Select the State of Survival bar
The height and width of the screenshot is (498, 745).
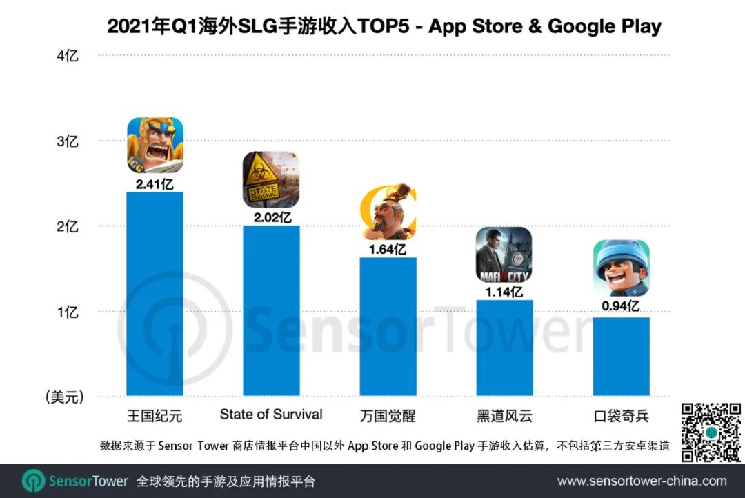[x=271, y=311]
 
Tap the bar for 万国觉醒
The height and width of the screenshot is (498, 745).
[x=388, y=327]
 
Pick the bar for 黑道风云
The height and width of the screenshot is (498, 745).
[x=504, y=348]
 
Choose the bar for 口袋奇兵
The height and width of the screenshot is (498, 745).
[x=621, y=357]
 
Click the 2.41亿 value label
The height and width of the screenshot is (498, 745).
[x=155, y=183]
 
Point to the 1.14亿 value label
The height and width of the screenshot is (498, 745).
[x=504, y=291]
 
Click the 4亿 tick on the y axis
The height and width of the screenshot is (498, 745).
[x=68, y=56]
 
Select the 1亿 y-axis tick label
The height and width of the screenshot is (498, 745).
[x=68, y=312]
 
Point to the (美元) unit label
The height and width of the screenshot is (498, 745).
[x=64, y=397]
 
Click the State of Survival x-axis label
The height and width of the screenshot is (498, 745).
[x=271, y=415]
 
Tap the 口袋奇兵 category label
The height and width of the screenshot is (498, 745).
[x=621, y=417]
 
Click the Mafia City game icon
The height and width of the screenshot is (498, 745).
[x=504, y=255]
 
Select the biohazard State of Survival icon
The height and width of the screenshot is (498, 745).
[x=271, y=179]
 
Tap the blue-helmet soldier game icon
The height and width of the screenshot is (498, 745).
[x=621, y=268]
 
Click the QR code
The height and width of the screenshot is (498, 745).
[x=710, y=432]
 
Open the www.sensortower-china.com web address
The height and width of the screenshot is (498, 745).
[x=642, y=481]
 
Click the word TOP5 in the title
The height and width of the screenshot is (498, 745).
[x=391, y=26]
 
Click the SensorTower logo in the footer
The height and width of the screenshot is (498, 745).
[x=75, y=481]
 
